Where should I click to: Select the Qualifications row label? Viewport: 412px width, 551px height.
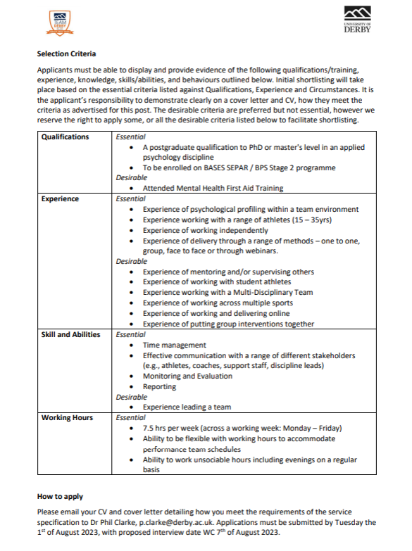pos(65,137)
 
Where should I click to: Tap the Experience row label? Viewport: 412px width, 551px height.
pos(60,199)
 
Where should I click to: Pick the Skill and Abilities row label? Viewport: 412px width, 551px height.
pos(70,334)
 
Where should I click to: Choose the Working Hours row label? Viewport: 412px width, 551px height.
pos(67,417)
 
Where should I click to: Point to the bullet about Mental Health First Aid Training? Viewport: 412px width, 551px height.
pos(213,189)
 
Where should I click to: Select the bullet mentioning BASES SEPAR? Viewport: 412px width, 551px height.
pos(239,167)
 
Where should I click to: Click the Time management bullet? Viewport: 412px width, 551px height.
pos(174,345)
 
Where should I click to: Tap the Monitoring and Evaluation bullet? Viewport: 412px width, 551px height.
pos(187,376)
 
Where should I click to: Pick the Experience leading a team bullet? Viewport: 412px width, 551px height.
pos(187,407)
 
